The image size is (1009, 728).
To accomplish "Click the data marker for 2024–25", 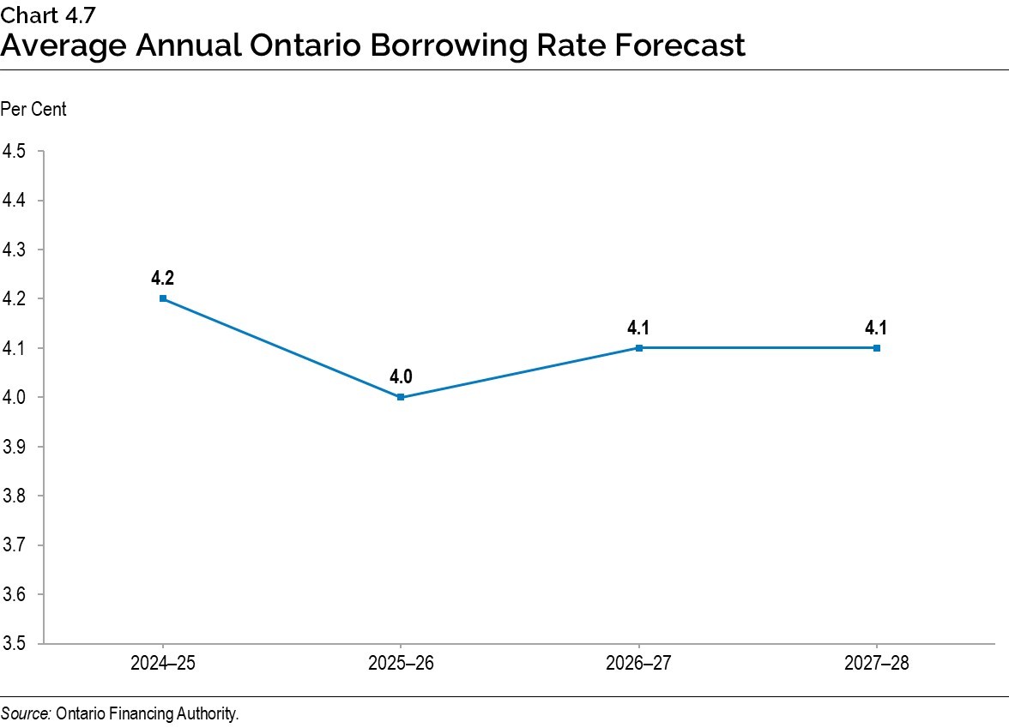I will tap(163, 298).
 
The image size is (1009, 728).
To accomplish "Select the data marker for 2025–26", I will tap(401, 397).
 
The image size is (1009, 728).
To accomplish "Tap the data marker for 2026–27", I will tap(639, 347).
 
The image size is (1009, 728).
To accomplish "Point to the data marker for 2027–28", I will tap(877, 347).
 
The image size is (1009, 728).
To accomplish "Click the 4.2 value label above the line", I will tap(163, 278).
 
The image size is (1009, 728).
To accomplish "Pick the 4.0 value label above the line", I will tap(401, 376).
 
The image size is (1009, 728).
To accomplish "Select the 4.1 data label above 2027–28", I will tap(877, 327).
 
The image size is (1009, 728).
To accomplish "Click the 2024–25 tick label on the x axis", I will tap(163, 663).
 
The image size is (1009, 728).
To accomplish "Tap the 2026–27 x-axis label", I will tap(639, 663).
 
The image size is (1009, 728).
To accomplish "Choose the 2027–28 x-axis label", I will tap(877, 663).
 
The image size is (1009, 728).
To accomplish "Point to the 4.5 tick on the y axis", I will tap(14, 151).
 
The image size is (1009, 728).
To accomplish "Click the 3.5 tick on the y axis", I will tap(14, 643).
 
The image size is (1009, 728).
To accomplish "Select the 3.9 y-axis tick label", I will tap(14, 447).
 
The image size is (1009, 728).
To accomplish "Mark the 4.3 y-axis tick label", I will tap(14, 250).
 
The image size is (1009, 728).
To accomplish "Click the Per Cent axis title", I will tap(33, 110).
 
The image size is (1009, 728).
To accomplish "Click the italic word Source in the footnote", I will tap(26, 713).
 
